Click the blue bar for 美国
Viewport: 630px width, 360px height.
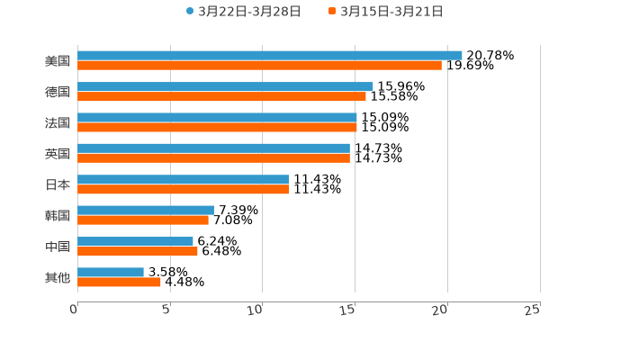coord(270,55)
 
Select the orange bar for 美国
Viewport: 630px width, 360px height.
coord(259,66)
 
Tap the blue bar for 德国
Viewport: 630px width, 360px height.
coord(225,86)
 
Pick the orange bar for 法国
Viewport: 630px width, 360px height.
coord(217,128)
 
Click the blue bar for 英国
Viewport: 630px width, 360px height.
coord(213,148)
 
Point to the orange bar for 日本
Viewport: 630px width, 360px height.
coord(183,190)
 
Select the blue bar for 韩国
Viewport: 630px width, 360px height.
coord(146,210)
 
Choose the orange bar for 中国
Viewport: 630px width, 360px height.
coord(138,252)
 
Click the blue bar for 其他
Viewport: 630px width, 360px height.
coord(111,272)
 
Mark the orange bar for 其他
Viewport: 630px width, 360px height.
coord(119,283)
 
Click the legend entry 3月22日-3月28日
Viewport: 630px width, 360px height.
coord(243,12)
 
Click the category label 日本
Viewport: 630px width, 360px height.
coord(58,184)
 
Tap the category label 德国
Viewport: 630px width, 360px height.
coord(58,92)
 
